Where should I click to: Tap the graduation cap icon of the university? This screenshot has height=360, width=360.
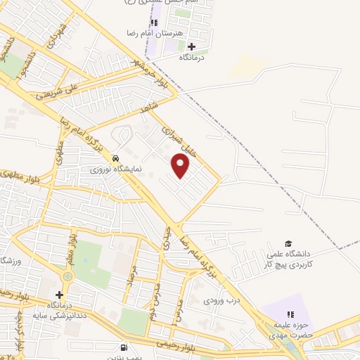tap(289, 243)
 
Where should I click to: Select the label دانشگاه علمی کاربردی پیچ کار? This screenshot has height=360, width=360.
tap(288, 259)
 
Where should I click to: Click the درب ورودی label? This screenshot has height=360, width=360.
tap(217, 300)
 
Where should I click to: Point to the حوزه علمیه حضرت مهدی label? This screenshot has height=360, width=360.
tap(288, 330)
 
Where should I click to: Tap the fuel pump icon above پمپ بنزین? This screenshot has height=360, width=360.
tap(124, 347)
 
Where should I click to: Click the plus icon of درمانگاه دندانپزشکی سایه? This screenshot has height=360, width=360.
tap(59, 295)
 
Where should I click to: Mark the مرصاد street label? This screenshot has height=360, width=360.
tap(130, 281)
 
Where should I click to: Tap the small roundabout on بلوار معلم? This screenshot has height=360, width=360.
tap(67, 277)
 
